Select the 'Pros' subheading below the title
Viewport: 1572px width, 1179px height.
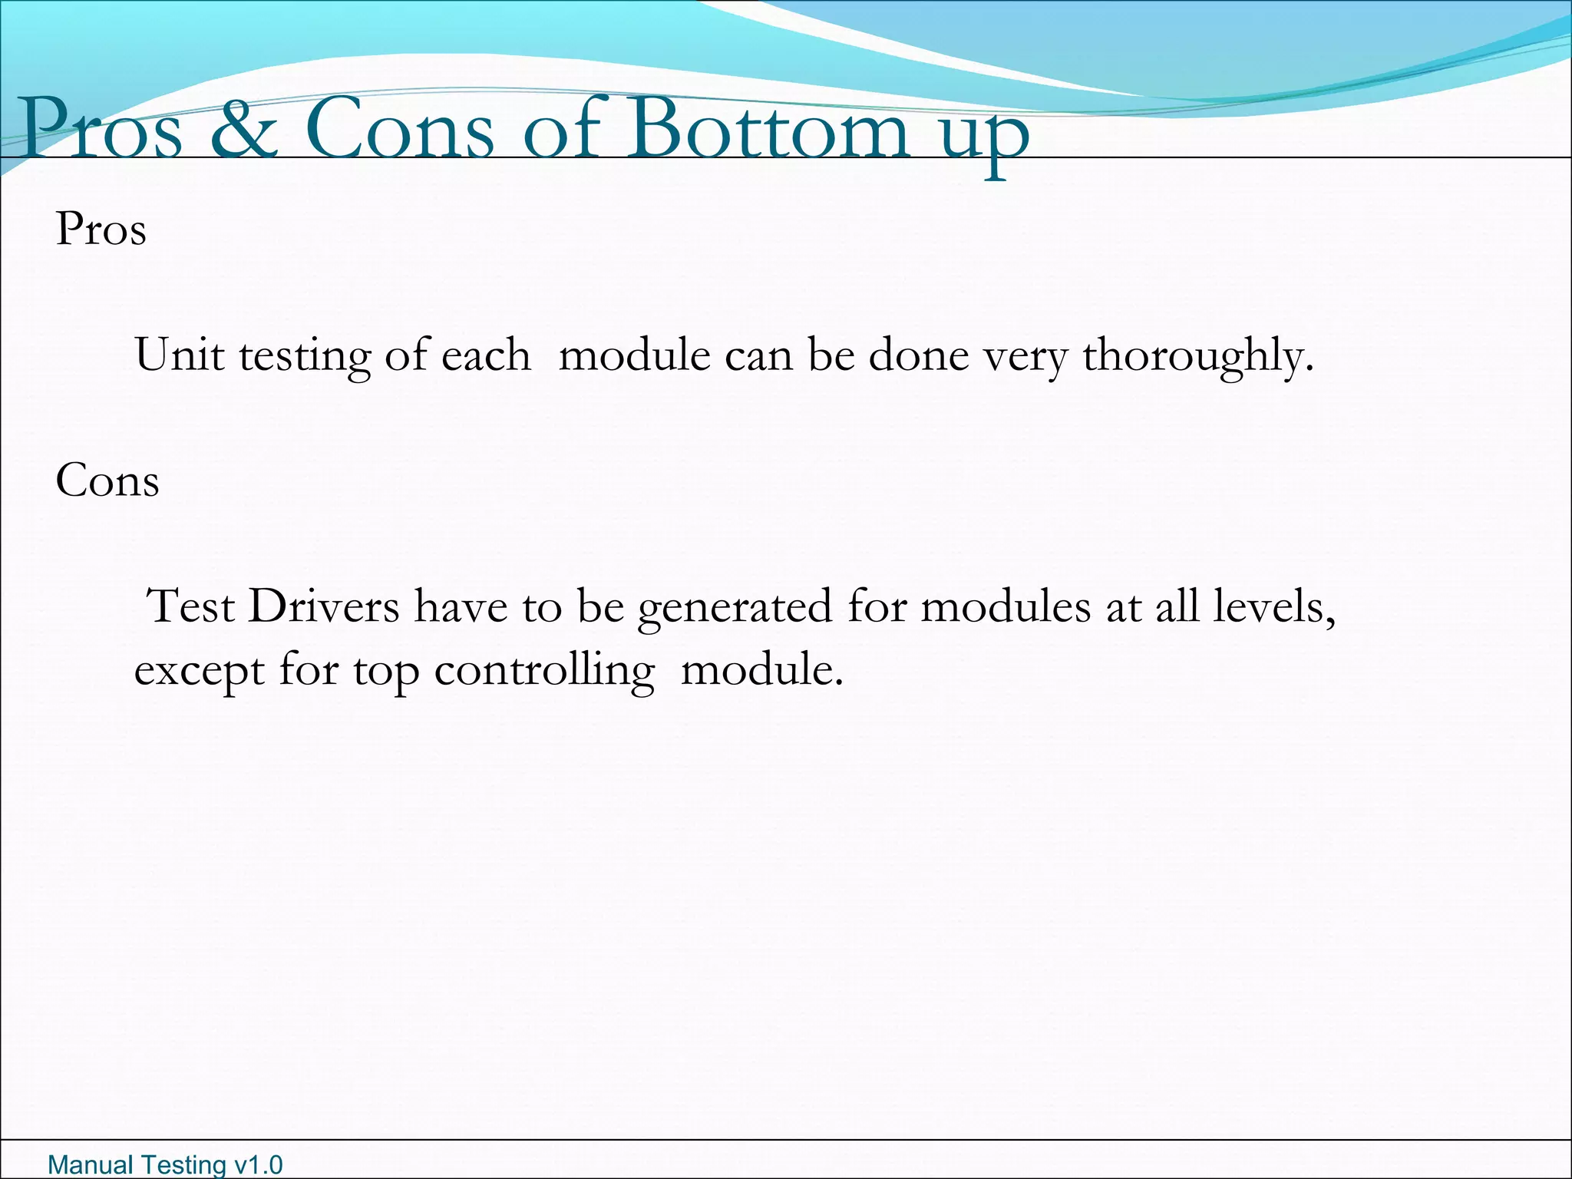point(101,229)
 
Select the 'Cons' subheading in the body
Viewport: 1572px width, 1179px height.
point(107,481)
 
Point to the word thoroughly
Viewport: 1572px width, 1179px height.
point(1197,357)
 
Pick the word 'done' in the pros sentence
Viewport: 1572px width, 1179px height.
point(918,355)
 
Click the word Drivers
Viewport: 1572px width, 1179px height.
point(323,606)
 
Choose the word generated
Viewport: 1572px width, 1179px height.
point(735,608)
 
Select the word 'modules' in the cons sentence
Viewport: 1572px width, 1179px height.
point(1005,606)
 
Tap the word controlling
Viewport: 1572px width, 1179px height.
point(544,671)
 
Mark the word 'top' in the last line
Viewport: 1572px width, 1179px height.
point(385,672)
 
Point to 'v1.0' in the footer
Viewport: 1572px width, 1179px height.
point(258,1165)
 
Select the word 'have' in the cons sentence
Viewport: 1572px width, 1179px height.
point(461,606)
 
